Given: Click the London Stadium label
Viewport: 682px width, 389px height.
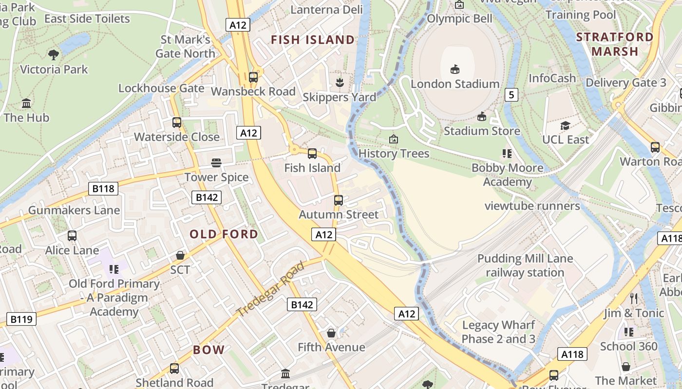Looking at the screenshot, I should pos(455,84).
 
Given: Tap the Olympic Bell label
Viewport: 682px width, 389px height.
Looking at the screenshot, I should pos(459,18).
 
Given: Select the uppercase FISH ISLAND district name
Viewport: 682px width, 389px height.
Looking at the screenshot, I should pos(313,40).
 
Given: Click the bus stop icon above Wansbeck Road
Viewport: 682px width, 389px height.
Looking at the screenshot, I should pos(253,77).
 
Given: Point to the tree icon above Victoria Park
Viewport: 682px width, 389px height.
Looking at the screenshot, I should pos(54,55).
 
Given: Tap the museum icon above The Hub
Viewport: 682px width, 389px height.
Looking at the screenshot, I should pos(26,103).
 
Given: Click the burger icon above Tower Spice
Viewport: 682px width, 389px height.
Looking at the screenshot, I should pos(216,162).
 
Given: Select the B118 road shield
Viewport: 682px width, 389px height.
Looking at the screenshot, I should pos(103,188).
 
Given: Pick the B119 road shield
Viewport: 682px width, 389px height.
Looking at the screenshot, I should pos(21,319).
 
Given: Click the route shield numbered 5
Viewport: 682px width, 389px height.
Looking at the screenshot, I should pos(511,94).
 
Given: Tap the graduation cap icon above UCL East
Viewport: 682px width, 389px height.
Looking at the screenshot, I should pos(565,125).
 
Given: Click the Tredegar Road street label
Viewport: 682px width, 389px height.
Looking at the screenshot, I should pos(270,288).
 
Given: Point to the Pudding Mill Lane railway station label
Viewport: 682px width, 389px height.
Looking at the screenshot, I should pos(525,265).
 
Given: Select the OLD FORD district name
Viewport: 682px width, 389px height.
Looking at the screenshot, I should pos(224,234).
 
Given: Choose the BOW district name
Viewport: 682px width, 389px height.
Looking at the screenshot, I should pos(208,350).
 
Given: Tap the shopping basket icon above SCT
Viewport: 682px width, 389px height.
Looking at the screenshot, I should pos(180,255).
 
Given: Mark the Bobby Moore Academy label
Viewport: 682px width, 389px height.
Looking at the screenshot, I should pos(507,175).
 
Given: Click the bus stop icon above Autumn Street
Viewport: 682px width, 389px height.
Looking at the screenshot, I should pos(338,200).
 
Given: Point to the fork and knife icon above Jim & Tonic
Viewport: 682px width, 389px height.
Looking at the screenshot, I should pos(633,298).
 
